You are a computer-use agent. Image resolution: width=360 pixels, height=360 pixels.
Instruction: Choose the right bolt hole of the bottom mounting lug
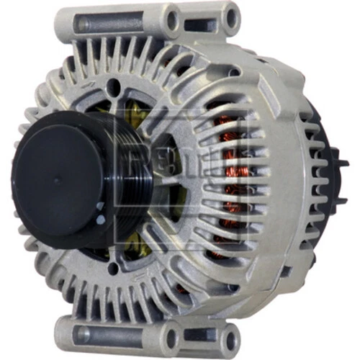tap(230, 339)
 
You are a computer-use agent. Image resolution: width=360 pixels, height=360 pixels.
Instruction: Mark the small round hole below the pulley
tap(113, 269)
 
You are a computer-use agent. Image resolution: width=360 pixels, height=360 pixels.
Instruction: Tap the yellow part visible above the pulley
tap(133, 108)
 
